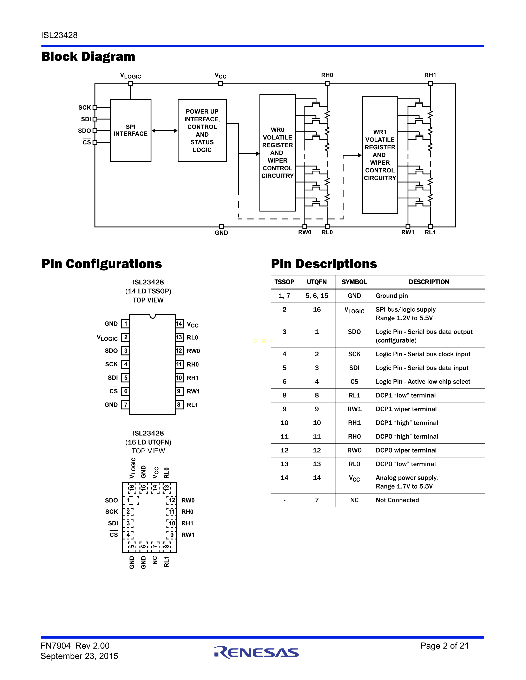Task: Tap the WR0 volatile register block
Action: [277, 152]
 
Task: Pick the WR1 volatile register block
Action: [380, 155]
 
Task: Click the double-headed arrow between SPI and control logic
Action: [165, 131]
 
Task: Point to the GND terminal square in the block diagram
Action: [221, 226]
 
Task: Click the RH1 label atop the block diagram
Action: [430, 75]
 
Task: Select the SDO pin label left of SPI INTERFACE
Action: [84, 131]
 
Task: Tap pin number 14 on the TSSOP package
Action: [179, 324]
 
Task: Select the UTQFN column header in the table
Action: [317, 282]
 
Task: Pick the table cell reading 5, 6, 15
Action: [317, 296]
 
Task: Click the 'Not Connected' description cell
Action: [397, 500]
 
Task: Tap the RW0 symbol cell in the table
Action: [354, 450]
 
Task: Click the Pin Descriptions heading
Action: [324, 264]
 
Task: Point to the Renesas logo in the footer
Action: [256, 652]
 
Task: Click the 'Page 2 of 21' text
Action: [444, 646]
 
